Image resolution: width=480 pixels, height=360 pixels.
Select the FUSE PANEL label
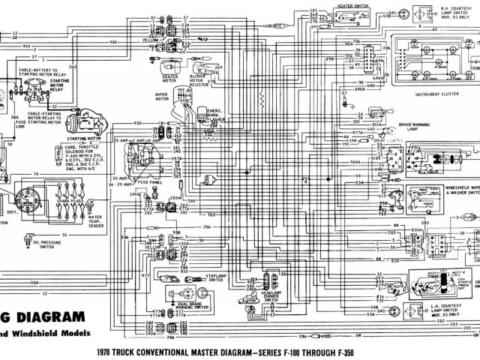[x=151, y=182]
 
